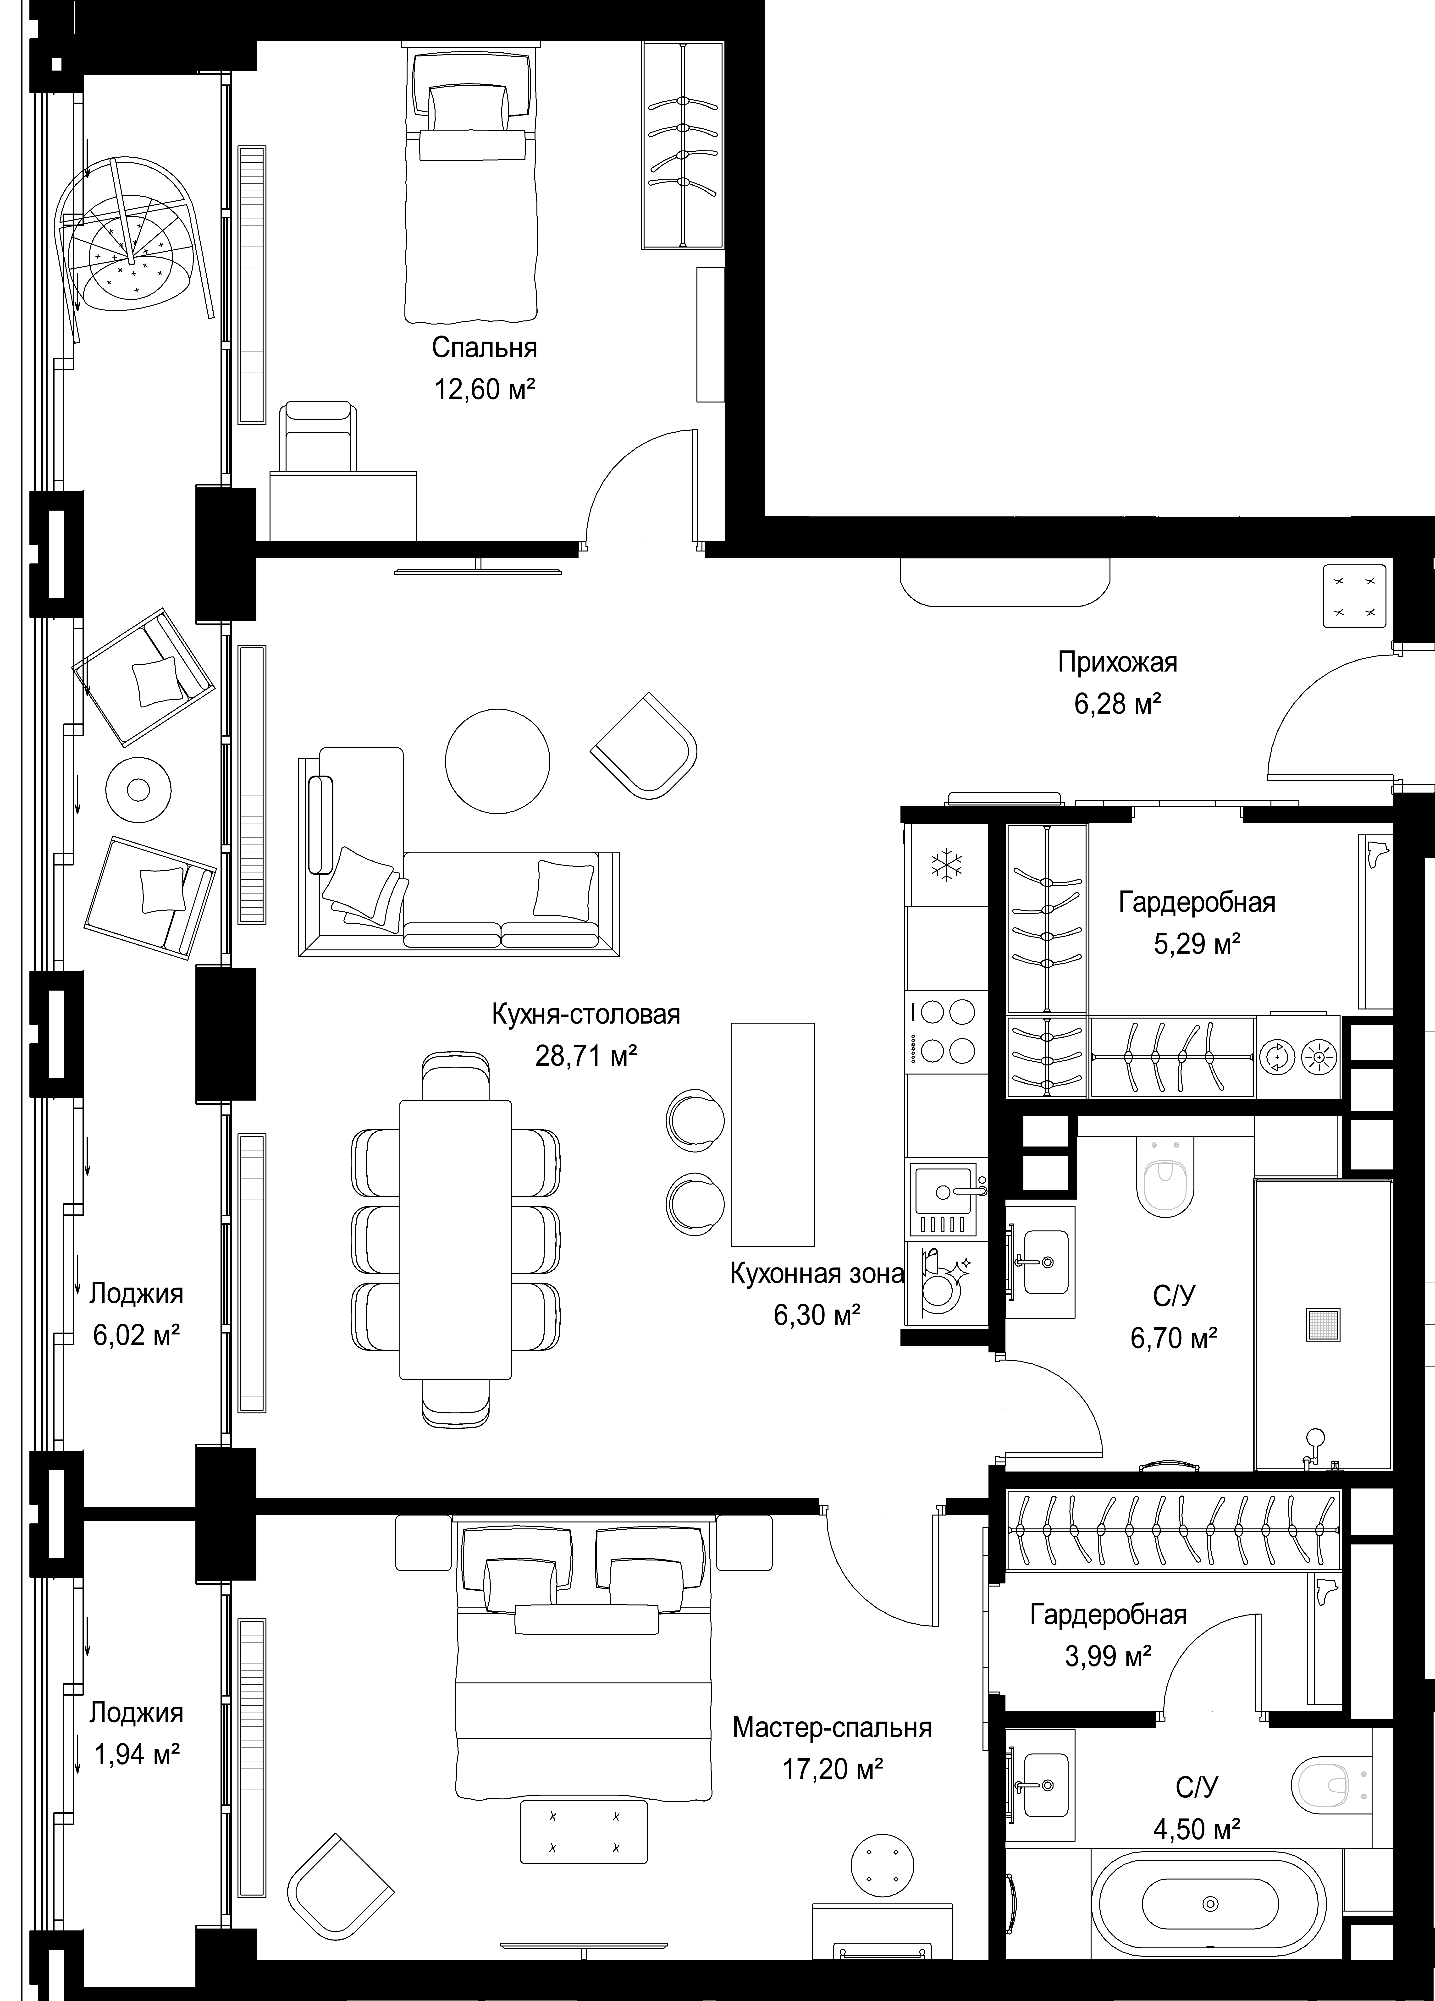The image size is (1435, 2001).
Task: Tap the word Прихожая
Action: pyautogui.click(x=1117, y=662)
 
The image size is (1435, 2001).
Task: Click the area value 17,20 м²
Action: pyautogui.click(x=833, y=1769)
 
